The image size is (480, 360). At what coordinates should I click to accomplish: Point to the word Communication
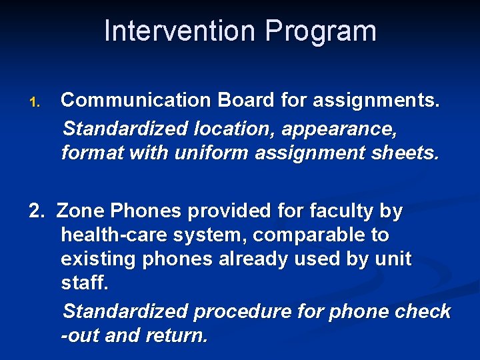coord(135,101)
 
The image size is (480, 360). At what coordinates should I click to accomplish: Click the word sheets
coord(404,153)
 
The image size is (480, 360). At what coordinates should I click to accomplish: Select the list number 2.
coord(36,211)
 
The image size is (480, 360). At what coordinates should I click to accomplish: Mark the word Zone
coord(81,211)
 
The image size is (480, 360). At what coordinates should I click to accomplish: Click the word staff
coord(84,283)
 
